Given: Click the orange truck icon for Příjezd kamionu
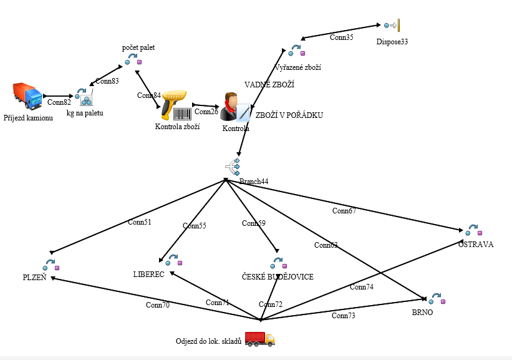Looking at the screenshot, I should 27,96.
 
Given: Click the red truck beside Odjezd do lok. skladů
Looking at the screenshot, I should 259,339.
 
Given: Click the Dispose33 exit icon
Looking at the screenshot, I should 392,26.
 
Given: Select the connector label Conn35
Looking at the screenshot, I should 341,37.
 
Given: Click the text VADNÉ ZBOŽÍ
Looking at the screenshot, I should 269,84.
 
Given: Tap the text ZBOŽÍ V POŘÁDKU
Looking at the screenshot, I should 289,115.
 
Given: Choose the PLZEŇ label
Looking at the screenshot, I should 34,278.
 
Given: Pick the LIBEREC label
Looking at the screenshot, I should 148,274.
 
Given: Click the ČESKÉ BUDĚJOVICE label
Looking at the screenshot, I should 277,276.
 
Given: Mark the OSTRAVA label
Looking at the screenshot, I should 475,245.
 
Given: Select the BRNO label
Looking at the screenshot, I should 422,313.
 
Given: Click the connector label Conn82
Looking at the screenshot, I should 59,102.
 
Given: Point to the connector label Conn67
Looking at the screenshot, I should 344,211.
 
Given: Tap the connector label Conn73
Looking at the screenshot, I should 343,316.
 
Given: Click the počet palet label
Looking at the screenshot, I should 138,47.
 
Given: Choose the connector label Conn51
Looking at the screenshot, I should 139,221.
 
